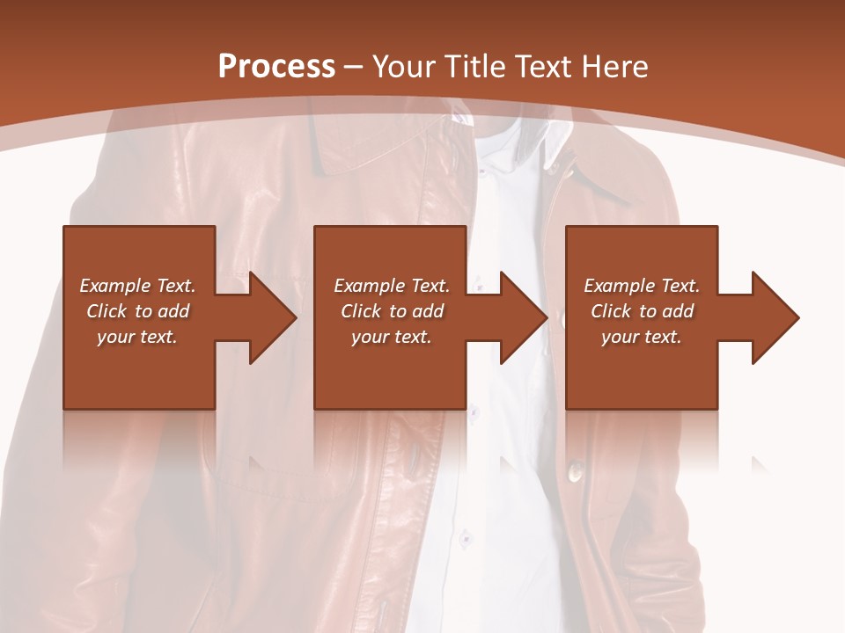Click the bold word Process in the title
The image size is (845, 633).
[276, 67]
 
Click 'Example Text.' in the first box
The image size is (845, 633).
[137, 286]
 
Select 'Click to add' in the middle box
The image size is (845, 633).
[392, 311]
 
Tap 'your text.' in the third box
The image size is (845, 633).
[642, 337]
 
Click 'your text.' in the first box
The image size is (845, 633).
[137, 337]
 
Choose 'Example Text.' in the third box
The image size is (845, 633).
[642, 286]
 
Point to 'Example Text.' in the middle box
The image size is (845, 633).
[392, 286]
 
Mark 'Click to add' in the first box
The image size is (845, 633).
[137, 311]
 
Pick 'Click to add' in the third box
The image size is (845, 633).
[642, 311]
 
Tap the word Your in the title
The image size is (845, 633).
[404, 67]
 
